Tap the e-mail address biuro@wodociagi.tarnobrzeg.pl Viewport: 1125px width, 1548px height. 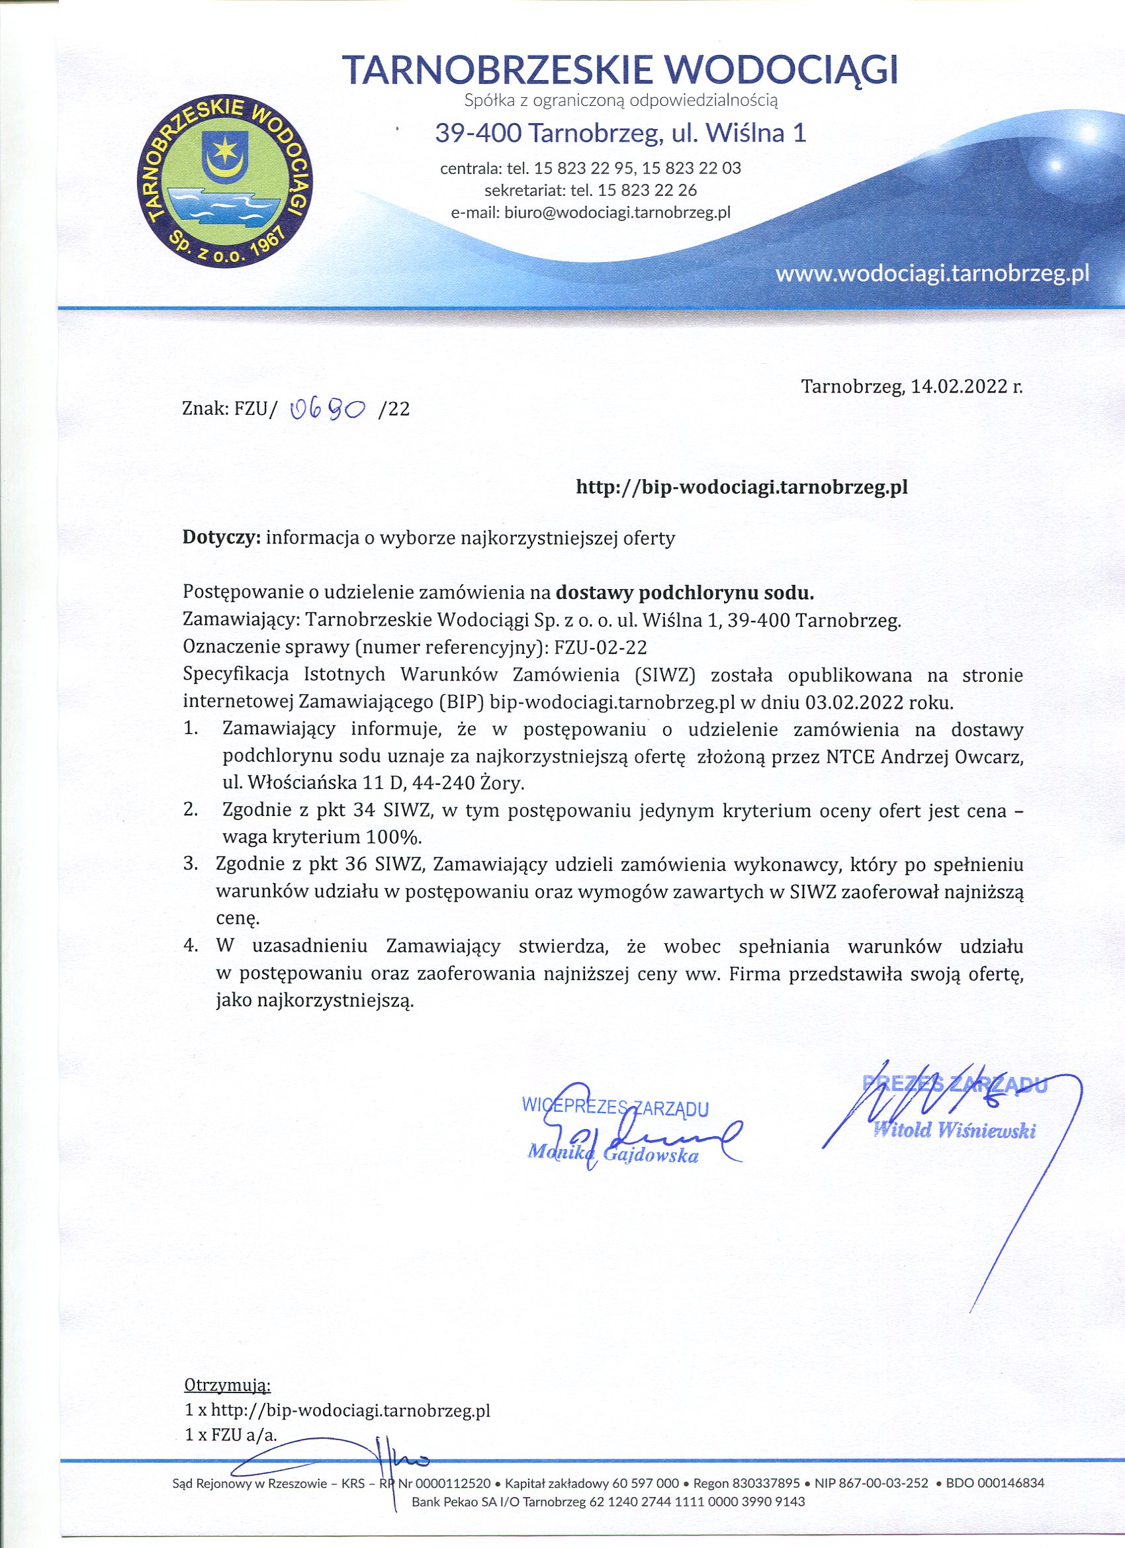617,212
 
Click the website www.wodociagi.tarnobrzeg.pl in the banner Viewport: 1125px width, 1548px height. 932,274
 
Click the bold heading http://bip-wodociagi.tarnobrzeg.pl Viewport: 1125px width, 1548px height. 742,486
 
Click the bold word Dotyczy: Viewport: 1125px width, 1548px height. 222,538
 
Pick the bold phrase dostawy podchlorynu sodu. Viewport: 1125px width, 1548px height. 685,593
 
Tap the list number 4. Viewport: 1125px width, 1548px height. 191,946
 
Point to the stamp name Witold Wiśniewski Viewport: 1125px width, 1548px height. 954,1130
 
